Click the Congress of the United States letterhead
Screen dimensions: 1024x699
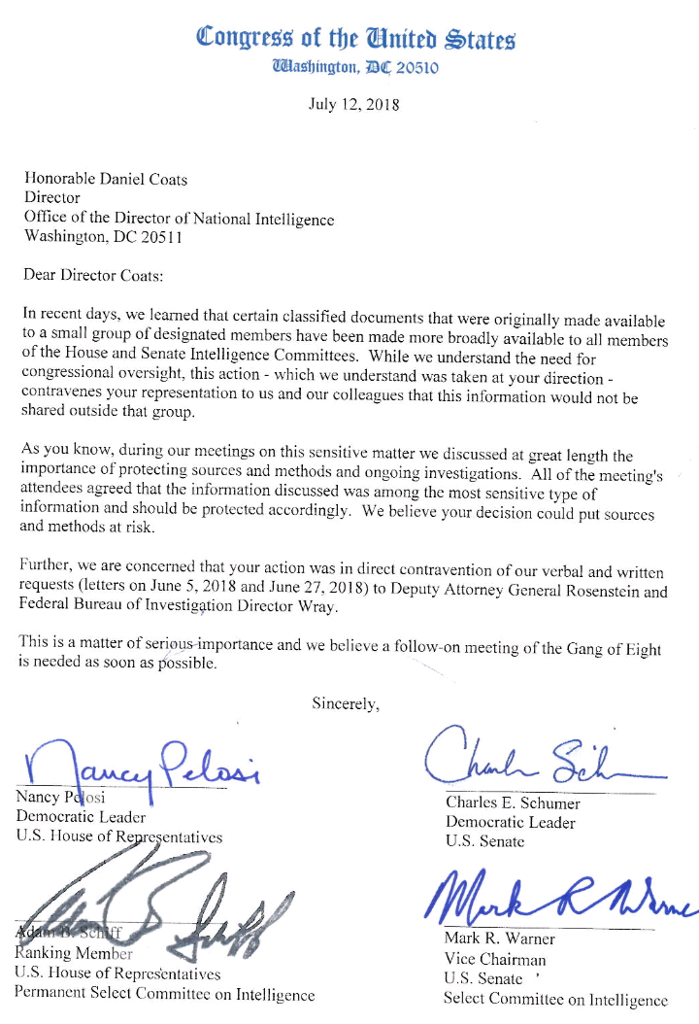(355, 38)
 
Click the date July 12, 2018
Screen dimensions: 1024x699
(353, 104)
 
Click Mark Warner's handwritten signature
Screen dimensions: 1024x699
(563, 901)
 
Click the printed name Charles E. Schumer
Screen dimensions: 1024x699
(513, 803)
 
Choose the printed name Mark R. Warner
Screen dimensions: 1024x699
(499, 939)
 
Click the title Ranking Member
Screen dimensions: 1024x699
(74, 953)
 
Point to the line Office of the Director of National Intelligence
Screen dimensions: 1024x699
(179, 218)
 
